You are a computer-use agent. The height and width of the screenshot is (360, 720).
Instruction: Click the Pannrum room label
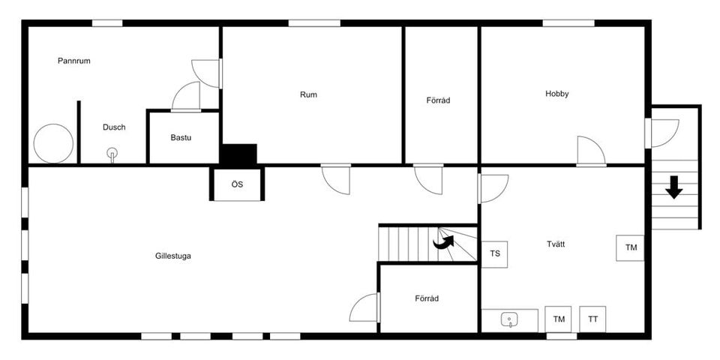[74, 61]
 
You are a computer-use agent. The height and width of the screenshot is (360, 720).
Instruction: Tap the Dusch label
[114, 127]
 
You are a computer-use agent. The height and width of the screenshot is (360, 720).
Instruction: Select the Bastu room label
[182, 138]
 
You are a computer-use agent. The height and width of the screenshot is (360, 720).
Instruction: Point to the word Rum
[308, 94]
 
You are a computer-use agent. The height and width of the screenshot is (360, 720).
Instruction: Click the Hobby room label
[557, 94]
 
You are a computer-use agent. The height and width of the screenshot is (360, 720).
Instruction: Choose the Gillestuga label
[173, 256]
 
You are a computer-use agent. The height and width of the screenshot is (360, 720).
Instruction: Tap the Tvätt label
[556, 244]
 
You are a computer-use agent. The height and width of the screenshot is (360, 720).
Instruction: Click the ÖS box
[237, 184]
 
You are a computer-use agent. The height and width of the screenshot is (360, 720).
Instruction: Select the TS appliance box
[495, 253]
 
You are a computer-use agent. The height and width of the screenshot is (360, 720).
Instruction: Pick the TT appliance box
[593, 319]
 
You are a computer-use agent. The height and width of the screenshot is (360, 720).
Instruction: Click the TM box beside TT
[559, 319]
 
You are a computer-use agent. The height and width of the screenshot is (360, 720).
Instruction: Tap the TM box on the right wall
[631, 247]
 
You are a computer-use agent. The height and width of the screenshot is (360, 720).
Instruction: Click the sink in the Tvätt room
[510, 320]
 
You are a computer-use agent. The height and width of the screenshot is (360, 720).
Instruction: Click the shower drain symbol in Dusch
[112, 154]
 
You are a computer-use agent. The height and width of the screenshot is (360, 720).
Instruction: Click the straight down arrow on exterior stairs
[674, 187]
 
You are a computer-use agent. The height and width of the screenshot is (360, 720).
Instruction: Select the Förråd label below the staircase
[427, 298]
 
